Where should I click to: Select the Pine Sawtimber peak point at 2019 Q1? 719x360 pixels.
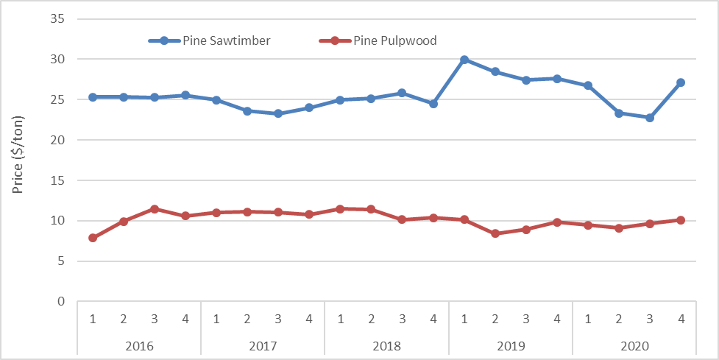tap(464, 60)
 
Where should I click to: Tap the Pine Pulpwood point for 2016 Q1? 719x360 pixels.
tap(93, 238)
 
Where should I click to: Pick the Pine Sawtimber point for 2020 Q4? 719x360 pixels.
tap(681, 82)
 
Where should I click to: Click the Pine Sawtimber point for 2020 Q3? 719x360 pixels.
tap(650, 118)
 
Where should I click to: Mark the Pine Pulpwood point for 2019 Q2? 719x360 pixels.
tap(495, 233)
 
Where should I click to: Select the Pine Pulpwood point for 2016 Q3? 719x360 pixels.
tap(155, 209)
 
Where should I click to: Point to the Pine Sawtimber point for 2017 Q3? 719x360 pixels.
tap(278, 113)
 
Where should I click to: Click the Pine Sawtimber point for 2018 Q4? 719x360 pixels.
tap(433, 104)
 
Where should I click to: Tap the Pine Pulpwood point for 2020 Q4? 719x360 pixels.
tap(681, 220)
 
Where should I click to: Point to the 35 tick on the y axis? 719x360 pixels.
tap(58, 18)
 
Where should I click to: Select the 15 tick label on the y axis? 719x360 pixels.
tap(58, 180)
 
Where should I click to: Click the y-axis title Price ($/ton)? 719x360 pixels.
tap(18, 155)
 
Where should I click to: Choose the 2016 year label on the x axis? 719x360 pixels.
tap(139, 345)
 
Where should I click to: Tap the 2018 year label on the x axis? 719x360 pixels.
tap(386, 345)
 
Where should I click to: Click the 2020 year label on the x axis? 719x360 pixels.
tap(634, 345)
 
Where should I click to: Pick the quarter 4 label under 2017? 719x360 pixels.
tap(309, 319)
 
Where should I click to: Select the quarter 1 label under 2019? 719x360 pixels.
tap(464, 319)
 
